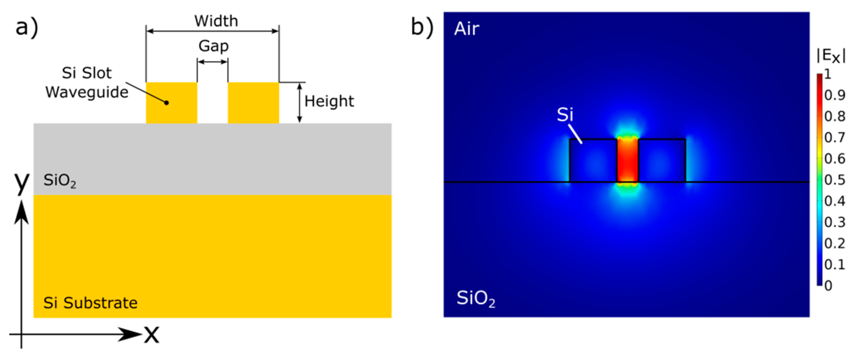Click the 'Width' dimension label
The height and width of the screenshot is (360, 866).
tap(216, 21)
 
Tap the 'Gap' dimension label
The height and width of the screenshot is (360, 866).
tap(214, 46)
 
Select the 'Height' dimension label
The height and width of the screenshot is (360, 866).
tap(329, 101)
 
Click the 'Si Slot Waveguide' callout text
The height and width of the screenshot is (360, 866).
tap(87, 83)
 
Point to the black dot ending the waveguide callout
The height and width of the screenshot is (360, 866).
tap(166, 103)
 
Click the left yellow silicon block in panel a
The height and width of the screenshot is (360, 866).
tap(171, 103)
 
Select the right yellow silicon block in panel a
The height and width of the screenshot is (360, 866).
tap(253, 103)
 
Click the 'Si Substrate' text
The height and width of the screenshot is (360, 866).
tap(90, 303)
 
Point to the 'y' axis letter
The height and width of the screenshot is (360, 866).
tap(22, 182)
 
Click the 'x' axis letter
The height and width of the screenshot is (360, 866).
tap(152, 334)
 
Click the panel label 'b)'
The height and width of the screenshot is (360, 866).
tap(422, 27)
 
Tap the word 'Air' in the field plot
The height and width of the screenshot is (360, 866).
tap(467, 29)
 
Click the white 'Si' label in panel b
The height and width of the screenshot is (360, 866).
tap(565, 115)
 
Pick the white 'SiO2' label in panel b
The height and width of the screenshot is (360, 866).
tap(475, 298)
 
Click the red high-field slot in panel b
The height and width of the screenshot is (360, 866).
tap(627, 161)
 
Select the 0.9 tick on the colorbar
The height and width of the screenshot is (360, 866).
tap(834, 95)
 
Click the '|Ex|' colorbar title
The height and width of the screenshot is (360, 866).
tap(831, 56)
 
